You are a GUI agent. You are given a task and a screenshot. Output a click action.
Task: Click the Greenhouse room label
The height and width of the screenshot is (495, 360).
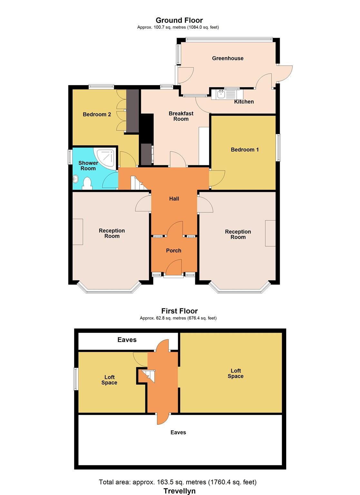(x=228, y=58)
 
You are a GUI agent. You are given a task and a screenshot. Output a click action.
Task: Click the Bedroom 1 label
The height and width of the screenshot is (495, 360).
(x=245, y=150)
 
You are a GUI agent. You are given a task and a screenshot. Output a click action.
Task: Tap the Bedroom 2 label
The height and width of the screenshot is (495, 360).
(x=97, y=114)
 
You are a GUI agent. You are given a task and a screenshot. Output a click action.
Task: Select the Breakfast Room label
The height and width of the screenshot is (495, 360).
(x=181, y=116)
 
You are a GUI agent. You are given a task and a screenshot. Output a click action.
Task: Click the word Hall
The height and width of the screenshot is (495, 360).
(x=174, y=199)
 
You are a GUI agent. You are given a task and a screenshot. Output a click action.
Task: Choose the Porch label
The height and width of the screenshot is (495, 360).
(x=173, y=251)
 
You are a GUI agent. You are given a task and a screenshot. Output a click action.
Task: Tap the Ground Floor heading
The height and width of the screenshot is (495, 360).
(x=179, y=21)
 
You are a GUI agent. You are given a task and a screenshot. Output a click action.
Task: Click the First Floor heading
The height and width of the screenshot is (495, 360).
(x=180, y=311)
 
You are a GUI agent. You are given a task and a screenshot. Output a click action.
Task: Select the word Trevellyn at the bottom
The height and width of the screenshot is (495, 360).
(x=180, y=491)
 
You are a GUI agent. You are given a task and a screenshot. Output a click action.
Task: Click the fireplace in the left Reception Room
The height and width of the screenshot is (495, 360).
(x=78, y=232)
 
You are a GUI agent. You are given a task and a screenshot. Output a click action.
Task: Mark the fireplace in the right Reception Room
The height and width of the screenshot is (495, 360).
(x=270, y=234)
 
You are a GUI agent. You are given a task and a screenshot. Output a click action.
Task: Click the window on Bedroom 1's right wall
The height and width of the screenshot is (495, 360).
(x=278, y=147)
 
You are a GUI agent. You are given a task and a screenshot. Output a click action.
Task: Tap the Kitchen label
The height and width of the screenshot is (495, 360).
(x=244, y=102)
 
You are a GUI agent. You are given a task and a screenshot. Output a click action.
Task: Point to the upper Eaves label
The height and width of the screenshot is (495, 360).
(x=127, y=340)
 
